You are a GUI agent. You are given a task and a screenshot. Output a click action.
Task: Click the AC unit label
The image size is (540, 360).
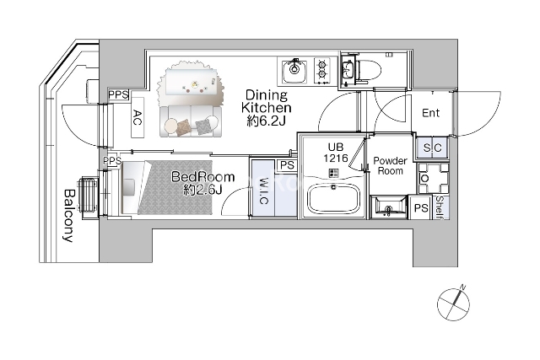pos(138,118)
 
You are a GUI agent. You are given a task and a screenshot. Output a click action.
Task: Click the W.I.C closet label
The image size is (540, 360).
pos(262,191)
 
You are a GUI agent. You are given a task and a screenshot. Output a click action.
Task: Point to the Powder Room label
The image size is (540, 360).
pos(390,166)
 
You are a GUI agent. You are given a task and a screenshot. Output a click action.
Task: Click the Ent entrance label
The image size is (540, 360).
pos(431,113)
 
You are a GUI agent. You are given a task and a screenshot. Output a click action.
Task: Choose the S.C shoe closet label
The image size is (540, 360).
pos(432,148)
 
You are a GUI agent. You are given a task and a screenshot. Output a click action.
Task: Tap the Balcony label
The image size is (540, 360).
pos(69,216)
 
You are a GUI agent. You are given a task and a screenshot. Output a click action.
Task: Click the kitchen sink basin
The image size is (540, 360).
pos(294,72)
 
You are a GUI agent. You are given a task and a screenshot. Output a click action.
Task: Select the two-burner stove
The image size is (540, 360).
pos(322,72)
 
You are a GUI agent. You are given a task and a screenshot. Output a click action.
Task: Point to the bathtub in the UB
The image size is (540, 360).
pos(333,199)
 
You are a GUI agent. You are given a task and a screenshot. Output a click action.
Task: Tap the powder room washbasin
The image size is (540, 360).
pos(388,207)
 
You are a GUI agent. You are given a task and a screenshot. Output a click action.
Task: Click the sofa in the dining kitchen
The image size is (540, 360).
pos(191,121)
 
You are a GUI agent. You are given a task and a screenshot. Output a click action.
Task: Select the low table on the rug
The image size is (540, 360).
pos(192,81)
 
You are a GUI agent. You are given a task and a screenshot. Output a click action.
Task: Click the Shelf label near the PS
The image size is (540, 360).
pos(440,207)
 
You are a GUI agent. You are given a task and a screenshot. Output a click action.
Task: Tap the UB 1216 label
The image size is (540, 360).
pos(335,153)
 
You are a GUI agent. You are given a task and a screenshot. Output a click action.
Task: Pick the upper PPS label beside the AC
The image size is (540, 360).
pos(118,94)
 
